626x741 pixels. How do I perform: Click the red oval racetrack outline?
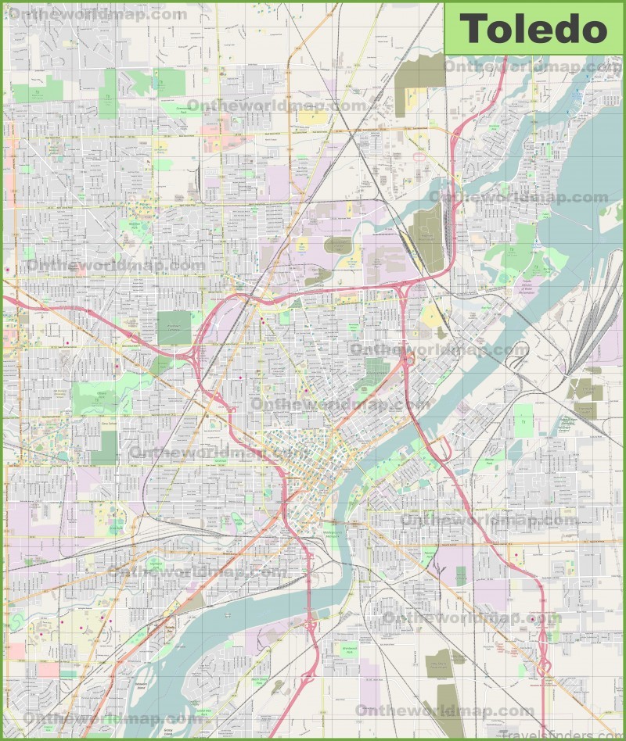(x=419, y=157)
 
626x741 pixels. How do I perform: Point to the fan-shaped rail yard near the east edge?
(x=599, y=313)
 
